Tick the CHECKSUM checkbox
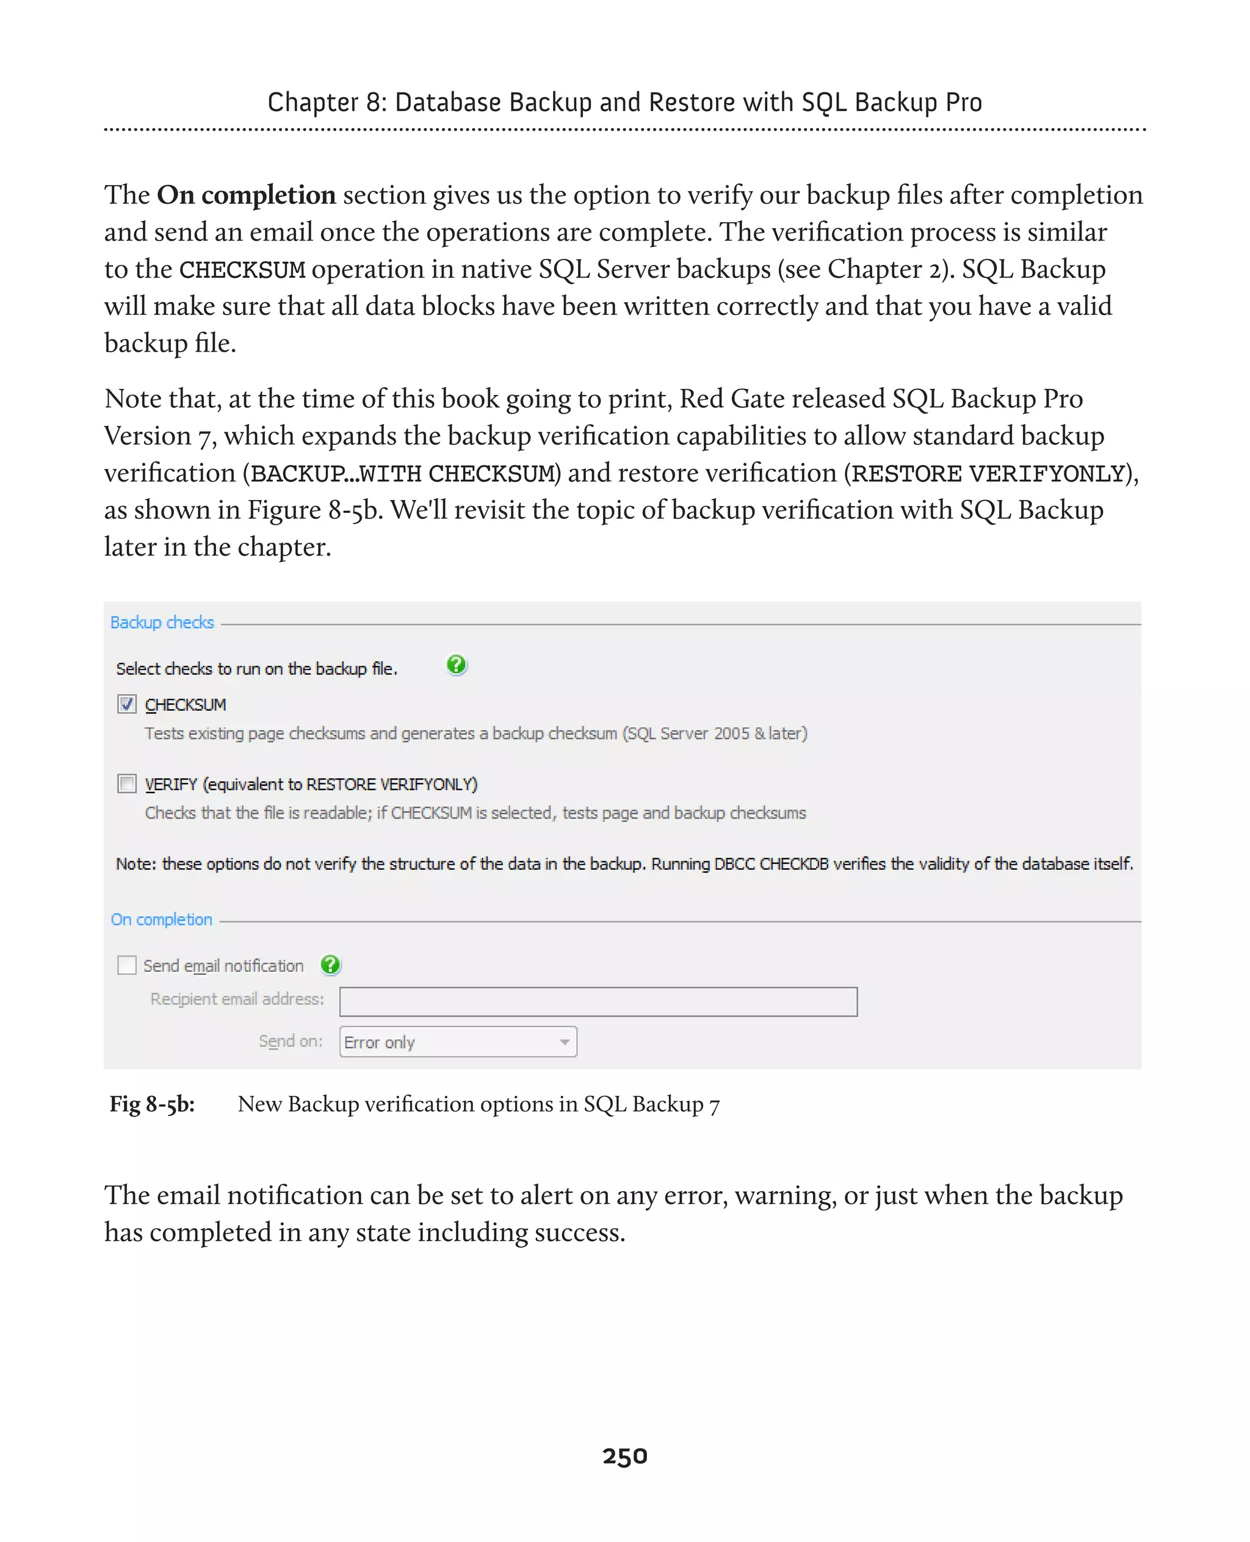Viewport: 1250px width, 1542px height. point(127,704)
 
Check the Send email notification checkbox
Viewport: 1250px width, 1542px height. point(127,965)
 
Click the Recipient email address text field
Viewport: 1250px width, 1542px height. point(598,1002)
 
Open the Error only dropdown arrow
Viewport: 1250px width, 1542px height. point(565,1042)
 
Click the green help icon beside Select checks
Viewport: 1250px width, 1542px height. point(457,665)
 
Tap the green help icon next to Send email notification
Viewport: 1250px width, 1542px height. point(330,965)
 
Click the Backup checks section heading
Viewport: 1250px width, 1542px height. point(162,622)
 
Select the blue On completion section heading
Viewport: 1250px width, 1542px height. point(161,920)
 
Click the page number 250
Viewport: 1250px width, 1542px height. point(624,1455)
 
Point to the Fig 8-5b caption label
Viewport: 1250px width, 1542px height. point(152,1104)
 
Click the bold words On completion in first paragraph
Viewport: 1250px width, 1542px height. point(246,195)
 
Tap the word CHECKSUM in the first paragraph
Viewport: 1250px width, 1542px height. point(242,270)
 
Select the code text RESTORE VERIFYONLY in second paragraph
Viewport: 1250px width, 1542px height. point(988,474)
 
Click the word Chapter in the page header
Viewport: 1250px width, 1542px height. point(312,103)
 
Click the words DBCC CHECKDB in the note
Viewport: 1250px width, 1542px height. point(770,864)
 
